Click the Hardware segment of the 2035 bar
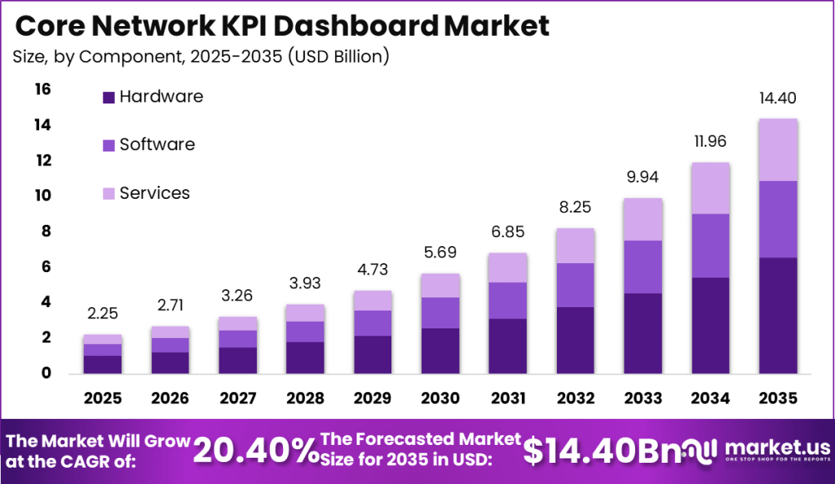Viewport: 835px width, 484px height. click(x=777, y=315)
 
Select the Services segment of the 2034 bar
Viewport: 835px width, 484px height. click(x=710, y=188)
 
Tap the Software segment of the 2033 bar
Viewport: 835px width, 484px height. click(x=643, y=266)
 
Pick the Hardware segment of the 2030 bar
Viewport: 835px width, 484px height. click(x=441, y=350)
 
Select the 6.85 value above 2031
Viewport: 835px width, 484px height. click(x=508, y=233)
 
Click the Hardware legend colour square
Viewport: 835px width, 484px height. click(x=108, y=98)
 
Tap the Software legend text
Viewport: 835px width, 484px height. click(x=157, y=144)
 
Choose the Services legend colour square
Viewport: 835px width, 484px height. click(x=108, y=194)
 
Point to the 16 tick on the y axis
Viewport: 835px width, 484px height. click(x=42, y=89)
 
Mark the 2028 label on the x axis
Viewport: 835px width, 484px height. click(x=305, y=398)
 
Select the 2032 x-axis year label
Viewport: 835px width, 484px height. click(x=576, y=398)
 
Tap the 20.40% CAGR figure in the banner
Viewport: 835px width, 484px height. click(x=255, y=450)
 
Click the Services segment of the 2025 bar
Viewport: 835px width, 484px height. click(x=103, y=339)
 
